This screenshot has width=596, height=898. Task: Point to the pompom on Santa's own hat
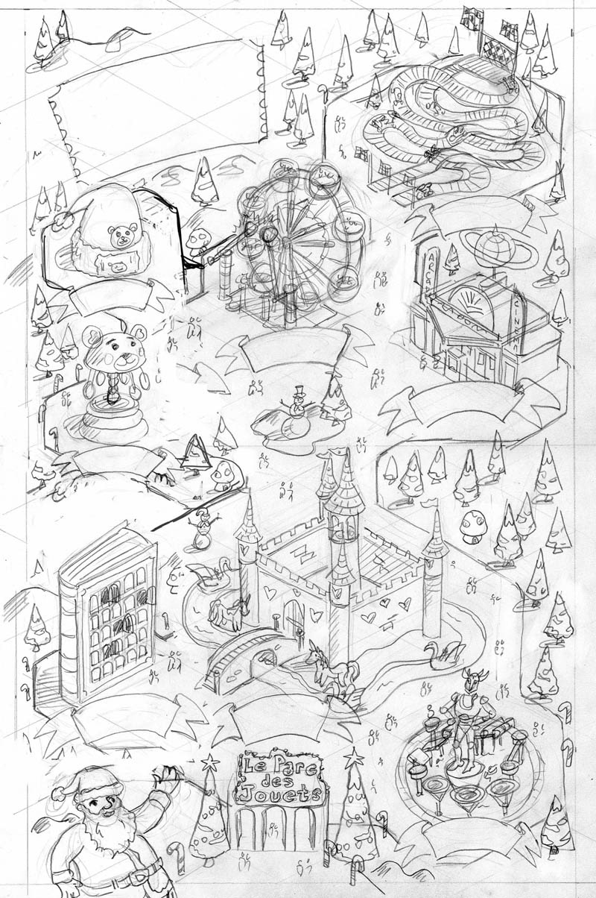pos(58,794)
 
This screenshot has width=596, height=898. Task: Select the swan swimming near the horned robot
pos(440,656)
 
